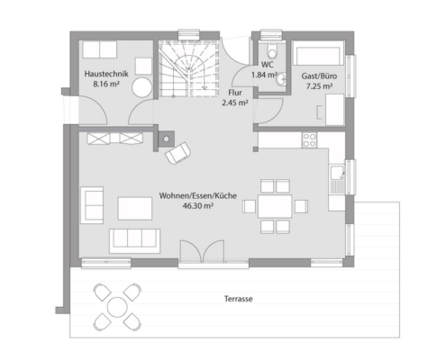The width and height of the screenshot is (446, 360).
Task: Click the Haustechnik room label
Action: point(106,74)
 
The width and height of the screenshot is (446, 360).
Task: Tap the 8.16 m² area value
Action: point(106,84)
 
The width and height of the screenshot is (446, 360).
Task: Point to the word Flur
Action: point(235,93)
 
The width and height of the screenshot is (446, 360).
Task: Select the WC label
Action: point(267,65)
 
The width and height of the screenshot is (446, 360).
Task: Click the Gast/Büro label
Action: point(319,76)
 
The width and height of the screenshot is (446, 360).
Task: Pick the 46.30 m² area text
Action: point(198,206)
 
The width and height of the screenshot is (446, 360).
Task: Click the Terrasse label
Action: point(238,299)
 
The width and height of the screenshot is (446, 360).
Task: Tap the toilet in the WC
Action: point(272,51)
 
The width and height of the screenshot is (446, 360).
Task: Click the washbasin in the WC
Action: point(281,79)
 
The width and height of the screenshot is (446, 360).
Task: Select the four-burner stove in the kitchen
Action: point(309,139)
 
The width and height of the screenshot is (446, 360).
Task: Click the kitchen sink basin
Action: point(337,173)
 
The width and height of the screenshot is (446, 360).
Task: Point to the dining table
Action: point(275,206)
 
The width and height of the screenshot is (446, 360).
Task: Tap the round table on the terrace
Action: point(117,307)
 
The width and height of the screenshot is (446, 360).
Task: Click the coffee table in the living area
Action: point(135,209)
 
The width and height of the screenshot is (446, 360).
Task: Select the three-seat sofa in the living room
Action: point(134,241)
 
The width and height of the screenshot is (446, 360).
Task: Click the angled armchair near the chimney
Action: point(177,153)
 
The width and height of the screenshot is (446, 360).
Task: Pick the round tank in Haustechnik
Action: point(142,87)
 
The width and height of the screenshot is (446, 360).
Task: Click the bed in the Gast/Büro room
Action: point(319,53)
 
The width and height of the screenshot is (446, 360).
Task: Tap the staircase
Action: point(189,69)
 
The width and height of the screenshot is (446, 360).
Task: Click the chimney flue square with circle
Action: point(166,139)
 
